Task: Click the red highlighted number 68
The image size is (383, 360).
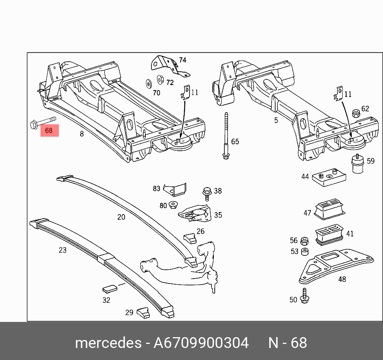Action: tap(49, 130)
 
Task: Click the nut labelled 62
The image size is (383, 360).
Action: tap(355, 113)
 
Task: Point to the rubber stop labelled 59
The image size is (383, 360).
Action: tap(357, 164)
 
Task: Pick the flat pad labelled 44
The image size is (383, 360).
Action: tap(329, 176)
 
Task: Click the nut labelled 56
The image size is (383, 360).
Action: tap(304, 241)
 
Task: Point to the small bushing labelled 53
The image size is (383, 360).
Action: tap(304, 252)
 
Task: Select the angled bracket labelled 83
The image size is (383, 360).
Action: tap(177, 189)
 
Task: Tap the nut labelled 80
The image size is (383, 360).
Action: tap(173, 205)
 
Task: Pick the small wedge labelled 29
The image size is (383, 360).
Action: tap(143, 312)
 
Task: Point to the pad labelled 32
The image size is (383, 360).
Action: tap(109, 288)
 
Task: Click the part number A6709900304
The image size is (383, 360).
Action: tap(201, 343)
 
